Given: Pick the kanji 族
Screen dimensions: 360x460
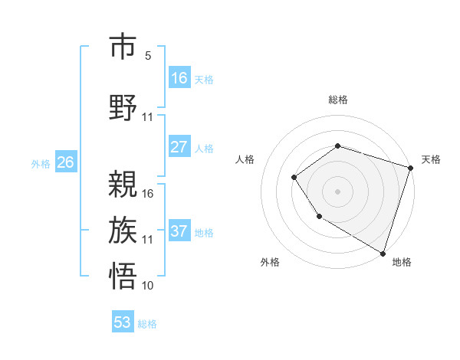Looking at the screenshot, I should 123,229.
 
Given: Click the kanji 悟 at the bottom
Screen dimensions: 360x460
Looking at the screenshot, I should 123,275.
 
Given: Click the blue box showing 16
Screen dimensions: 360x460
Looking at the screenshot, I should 179,78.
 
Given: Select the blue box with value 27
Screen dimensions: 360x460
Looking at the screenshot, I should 179,147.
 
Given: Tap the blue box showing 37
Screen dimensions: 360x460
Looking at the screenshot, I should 179,231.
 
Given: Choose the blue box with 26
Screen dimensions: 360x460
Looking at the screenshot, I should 66,162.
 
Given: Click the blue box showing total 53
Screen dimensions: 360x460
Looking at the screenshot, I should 123,322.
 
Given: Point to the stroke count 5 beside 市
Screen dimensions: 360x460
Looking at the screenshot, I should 148,56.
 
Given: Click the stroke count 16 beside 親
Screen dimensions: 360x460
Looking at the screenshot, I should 148,193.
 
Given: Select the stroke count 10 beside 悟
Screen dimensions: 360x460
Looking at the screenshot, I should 148,286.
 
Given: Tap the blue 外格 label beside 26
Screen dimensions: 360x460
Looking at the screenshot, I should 40,163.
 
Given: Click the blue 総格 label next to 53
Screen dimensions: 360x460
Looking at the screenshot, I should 147,324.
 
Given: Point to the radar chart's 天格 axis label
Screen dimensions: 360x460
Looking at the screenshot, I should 432,159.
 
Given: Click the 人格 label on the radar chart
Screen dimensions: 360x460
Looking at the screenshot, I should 245,159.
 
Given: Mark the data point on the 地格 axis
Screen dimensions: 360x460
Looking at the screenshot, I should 382,252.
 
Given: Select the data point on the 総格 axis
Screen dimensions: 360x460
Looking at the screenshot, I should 337,146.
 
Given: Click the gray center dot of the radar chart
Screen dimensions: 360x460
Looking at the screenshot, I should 337,191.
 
